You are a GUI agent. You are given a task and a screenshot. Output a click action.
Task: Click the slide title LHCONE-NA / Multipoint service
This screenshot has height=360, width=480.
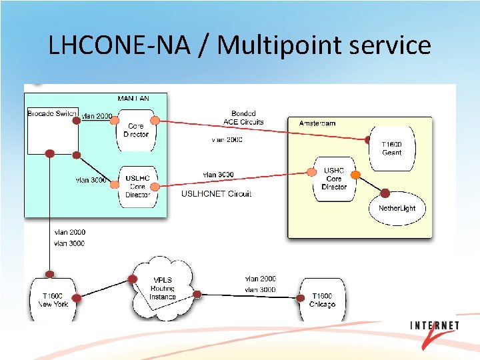240,45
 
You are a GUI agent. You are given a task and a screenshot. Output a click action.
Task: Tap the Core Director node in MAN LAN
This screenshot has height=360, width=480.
136,130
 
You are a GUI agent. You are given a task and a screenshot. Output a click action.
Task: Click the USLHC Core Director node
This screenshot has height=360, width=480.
137,186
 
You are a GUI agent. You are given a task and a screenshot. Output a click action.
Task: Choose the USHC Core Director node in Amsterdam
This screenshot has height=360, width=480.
334,179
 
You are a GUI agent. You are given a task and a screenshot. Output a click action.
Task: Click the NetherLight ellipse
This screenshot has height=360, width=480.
397,207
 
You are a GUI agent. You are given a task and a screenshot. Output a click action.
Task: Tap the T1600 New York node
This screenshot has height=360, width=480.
53,299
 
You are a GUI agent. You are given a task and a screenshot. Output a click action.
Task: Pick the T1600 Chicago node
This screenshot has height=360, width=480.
322,299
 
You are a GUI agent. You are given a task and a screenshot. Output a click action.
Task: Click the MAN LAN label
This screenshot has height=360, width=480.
133,99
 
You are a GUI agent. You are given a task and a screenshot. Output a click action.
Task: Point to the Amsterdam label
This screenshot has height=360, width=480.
317,123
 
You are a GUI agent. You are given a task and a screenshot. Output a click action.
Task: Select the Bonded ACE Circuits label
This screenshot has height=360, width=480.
243,118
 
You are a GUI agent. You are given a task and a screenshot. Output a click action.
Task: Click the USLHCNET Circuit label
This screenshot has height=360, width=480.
216,194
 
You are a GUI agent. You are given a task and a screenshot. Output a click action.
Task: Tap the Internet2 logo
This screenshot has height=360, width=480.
434,331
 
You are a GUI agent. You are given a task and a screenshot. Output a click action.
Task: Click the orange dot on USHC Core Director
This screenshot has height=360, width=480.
356,175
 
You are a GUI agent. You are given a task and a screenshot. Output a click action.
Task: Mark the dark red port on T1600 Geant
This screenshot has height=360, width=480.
368,140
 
